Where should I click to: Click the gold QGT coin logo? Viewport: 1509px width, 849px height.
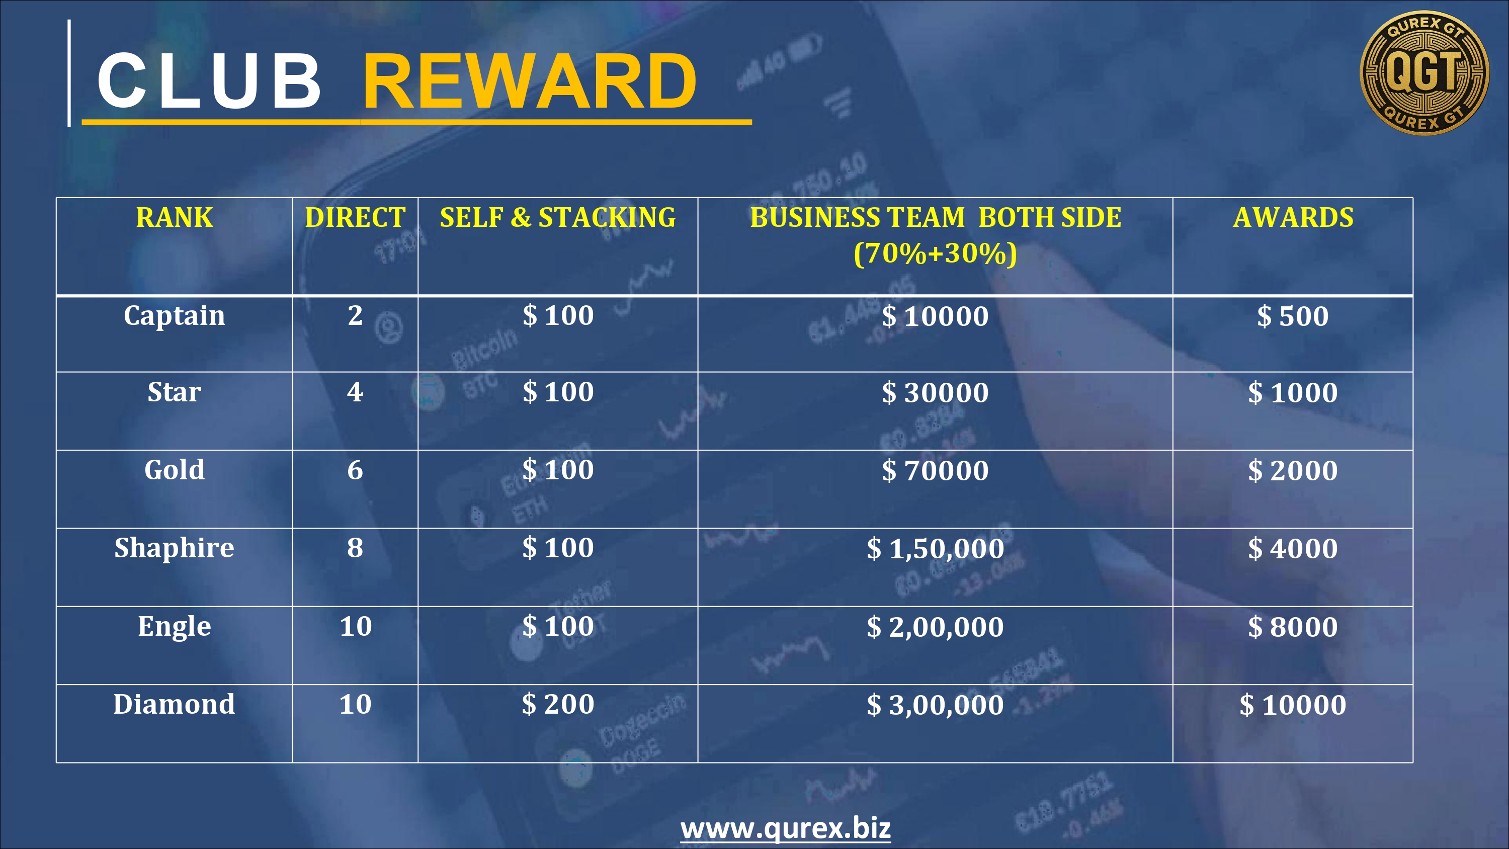point(1424,72)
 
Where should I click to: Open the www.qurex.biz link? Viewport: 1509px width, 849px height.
point(786,828)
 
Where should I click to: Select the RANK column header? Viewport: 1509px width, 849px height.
point(175,217)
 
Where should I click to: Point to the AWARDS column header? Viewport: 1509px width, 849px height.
point(1293,217)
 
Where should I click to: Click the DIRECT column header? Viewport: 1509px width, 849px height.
point(355,217)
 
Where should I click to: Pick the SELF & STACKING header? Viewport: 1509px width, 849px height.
point(558,217)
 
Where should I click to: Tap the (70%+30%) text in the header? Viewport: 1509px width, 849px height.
point(936,253)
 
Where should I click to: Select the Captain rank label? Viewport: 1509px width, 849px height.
point(175,316)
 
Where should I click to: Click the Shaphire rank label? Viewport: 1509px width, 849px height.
point(175,548)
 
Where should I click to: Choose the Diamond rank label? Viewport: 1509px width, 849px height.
point(175,704)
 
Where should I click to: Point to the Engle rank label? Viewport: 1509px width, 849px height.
point(175,627)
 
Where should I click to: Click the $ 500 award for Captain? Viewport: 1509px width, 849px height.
point(1293,316)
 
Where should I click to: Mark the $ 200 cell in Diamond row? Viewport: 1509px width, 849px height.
point(558,704)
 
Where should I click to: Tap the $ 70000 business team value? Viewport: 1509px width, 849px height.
point(936,470)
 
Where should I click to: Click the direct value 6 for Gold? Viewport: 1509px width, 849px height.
point(355,470)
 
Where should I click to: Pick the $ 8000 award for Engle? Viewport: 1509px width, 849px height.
point(1293,627)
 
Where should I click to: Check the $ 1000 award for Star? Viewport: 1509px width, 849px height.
point(1293,393)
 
